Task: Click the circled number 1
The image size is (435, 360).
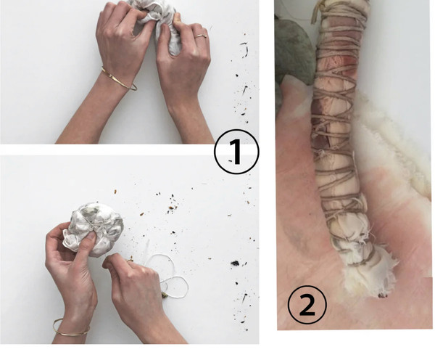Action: [236, 152]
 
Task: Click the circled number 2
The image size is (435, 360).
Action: [307, 305]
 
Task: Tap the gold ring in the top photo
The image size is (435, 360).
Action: [201, 36]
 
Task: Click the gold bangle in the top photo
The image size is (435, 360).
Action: [118, 80]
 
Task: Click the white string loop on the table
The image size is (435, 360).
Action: [168, 277]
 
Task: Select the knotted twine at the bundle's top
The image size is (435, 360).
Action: [319, 11]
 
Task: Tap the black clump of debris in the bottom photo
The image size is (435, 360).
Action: [235, 263]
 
